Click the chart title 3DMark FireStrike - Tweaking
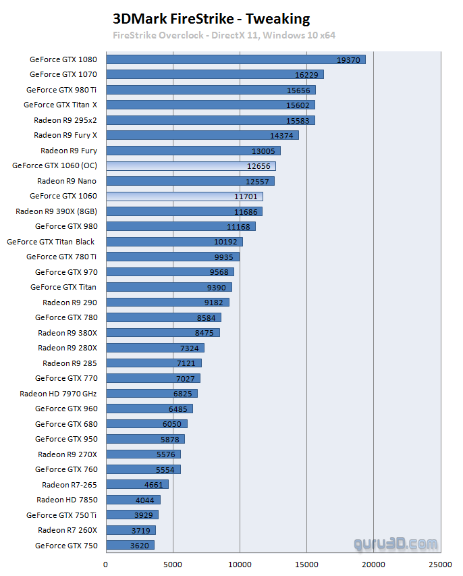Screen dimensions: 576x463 (x=211, y=19)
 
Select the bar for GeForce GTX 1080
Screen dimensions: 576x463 (x=236, y=59)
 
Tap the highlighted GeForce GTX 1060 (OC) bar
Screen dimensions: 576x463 (x=190, y=166)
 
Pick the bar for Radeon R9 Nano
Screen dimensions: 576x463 (x=190, y=181)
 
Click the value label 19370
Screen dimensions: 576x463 (x=349, y=60)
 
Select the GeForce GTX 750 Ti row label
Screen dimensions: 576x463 (x=61, y=515)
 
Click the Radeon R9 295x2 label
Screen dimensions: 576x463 (x=65, y=120)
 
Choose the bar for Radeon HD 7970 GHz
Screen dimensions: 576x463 (x=151, y=394)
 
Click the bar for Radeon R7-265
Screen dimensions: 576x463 (x=137, y=485)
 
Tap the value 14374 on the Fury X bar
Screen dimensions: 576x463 (x=282, y=136)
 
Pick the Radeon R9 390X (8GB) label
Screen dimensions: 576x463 (x=57, y=211)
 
